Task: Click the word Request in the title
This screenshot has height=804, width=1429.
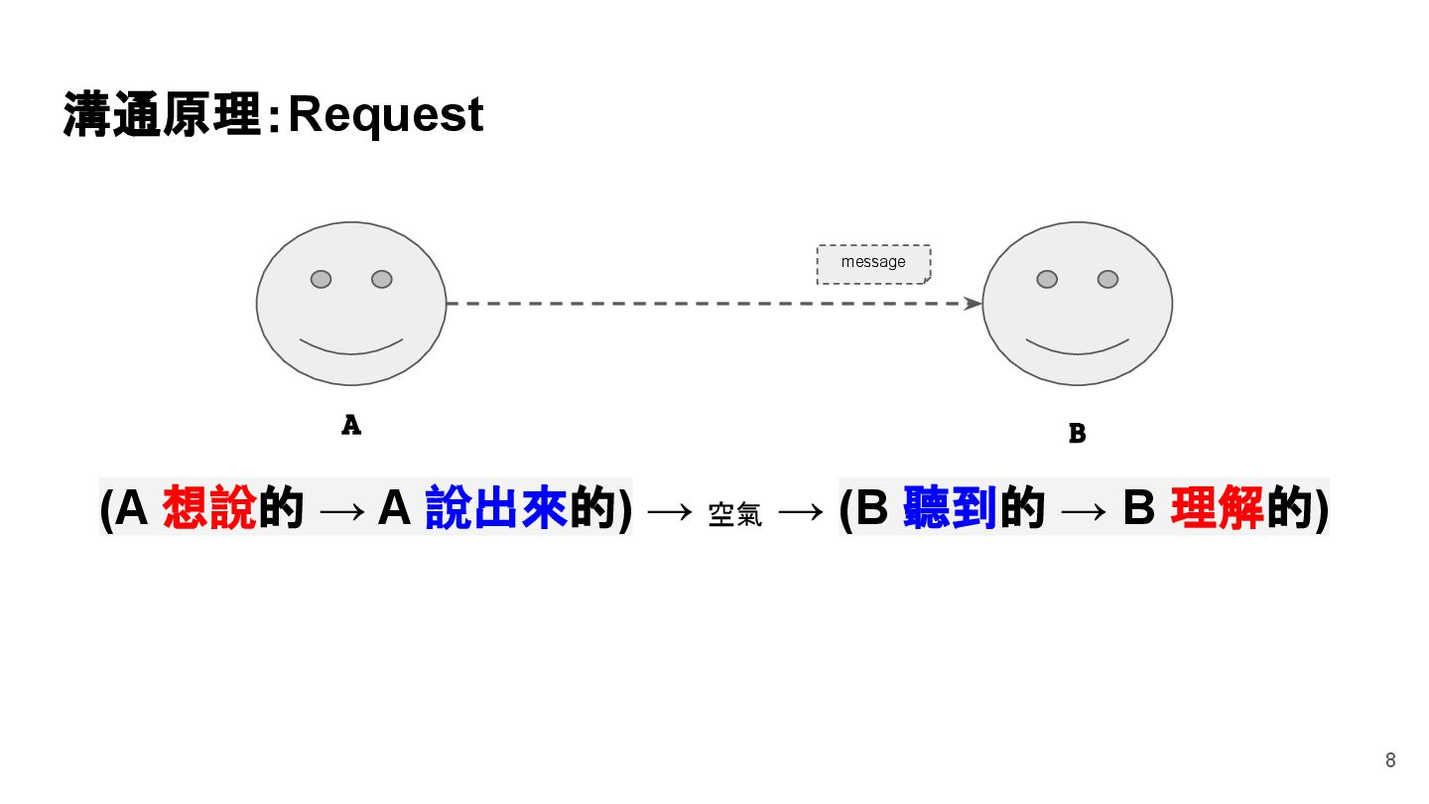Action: (x=385, y=115)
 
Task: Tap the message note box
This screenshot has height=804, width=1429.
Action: (x=873, y=263)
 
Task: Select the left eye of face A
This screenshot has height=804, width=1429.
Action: (x=321, y=279)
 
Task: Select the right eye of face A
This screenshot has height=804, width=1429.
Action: (x=382, y=279)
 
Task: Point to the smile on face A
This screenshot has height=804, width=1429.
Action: (x=351, y=347)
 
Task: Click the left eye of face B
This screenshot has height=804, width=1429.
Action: (x=1047, y=279)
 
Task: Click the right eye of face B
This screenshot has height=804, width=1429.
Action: (x=1108, y=279)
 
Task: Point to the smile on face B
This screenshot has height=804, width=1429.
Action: (x=1077, y=347)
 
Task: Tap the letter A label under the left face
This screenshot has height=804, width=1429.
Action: (x=351, y=426)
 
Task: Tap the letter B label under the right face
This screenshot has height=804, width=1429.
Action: (x=1077, y=434)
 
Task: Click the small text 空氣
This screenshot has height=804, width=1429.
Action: (x=735, y=514)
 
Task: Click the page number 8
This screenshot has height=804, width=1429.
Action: (x=1390, y=761)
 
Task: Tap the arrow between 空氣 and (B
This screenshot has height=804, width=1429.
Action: (x=800, y=511)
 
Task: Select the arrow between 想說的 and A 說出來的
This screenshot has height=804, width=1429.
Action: (x=342, y=510)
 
